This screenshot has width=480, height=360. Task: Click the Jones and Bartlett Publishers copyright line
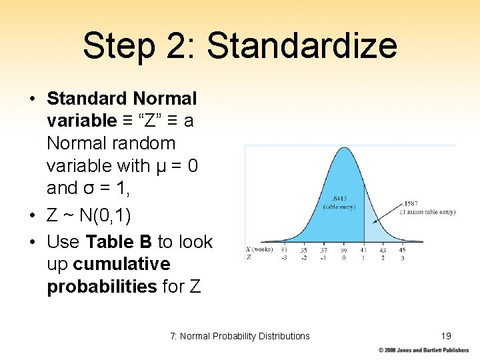coord(423,350)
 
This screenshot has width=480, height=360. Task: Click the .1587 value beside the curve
coord(411,204)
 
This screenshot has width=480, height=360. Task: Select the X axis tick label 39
coord(343,250)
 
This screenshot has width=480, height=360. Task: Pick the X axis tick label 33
coord(284,250)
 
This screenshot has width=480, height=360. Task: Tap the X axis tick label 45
coord(402,250)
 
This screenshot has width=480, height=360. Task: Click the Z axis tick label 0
coord(343,257)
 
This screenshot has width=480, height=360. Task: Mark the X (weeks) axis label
coord(257,250)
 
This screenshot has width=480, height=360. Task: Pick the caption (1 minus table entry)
coord(427,212)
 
